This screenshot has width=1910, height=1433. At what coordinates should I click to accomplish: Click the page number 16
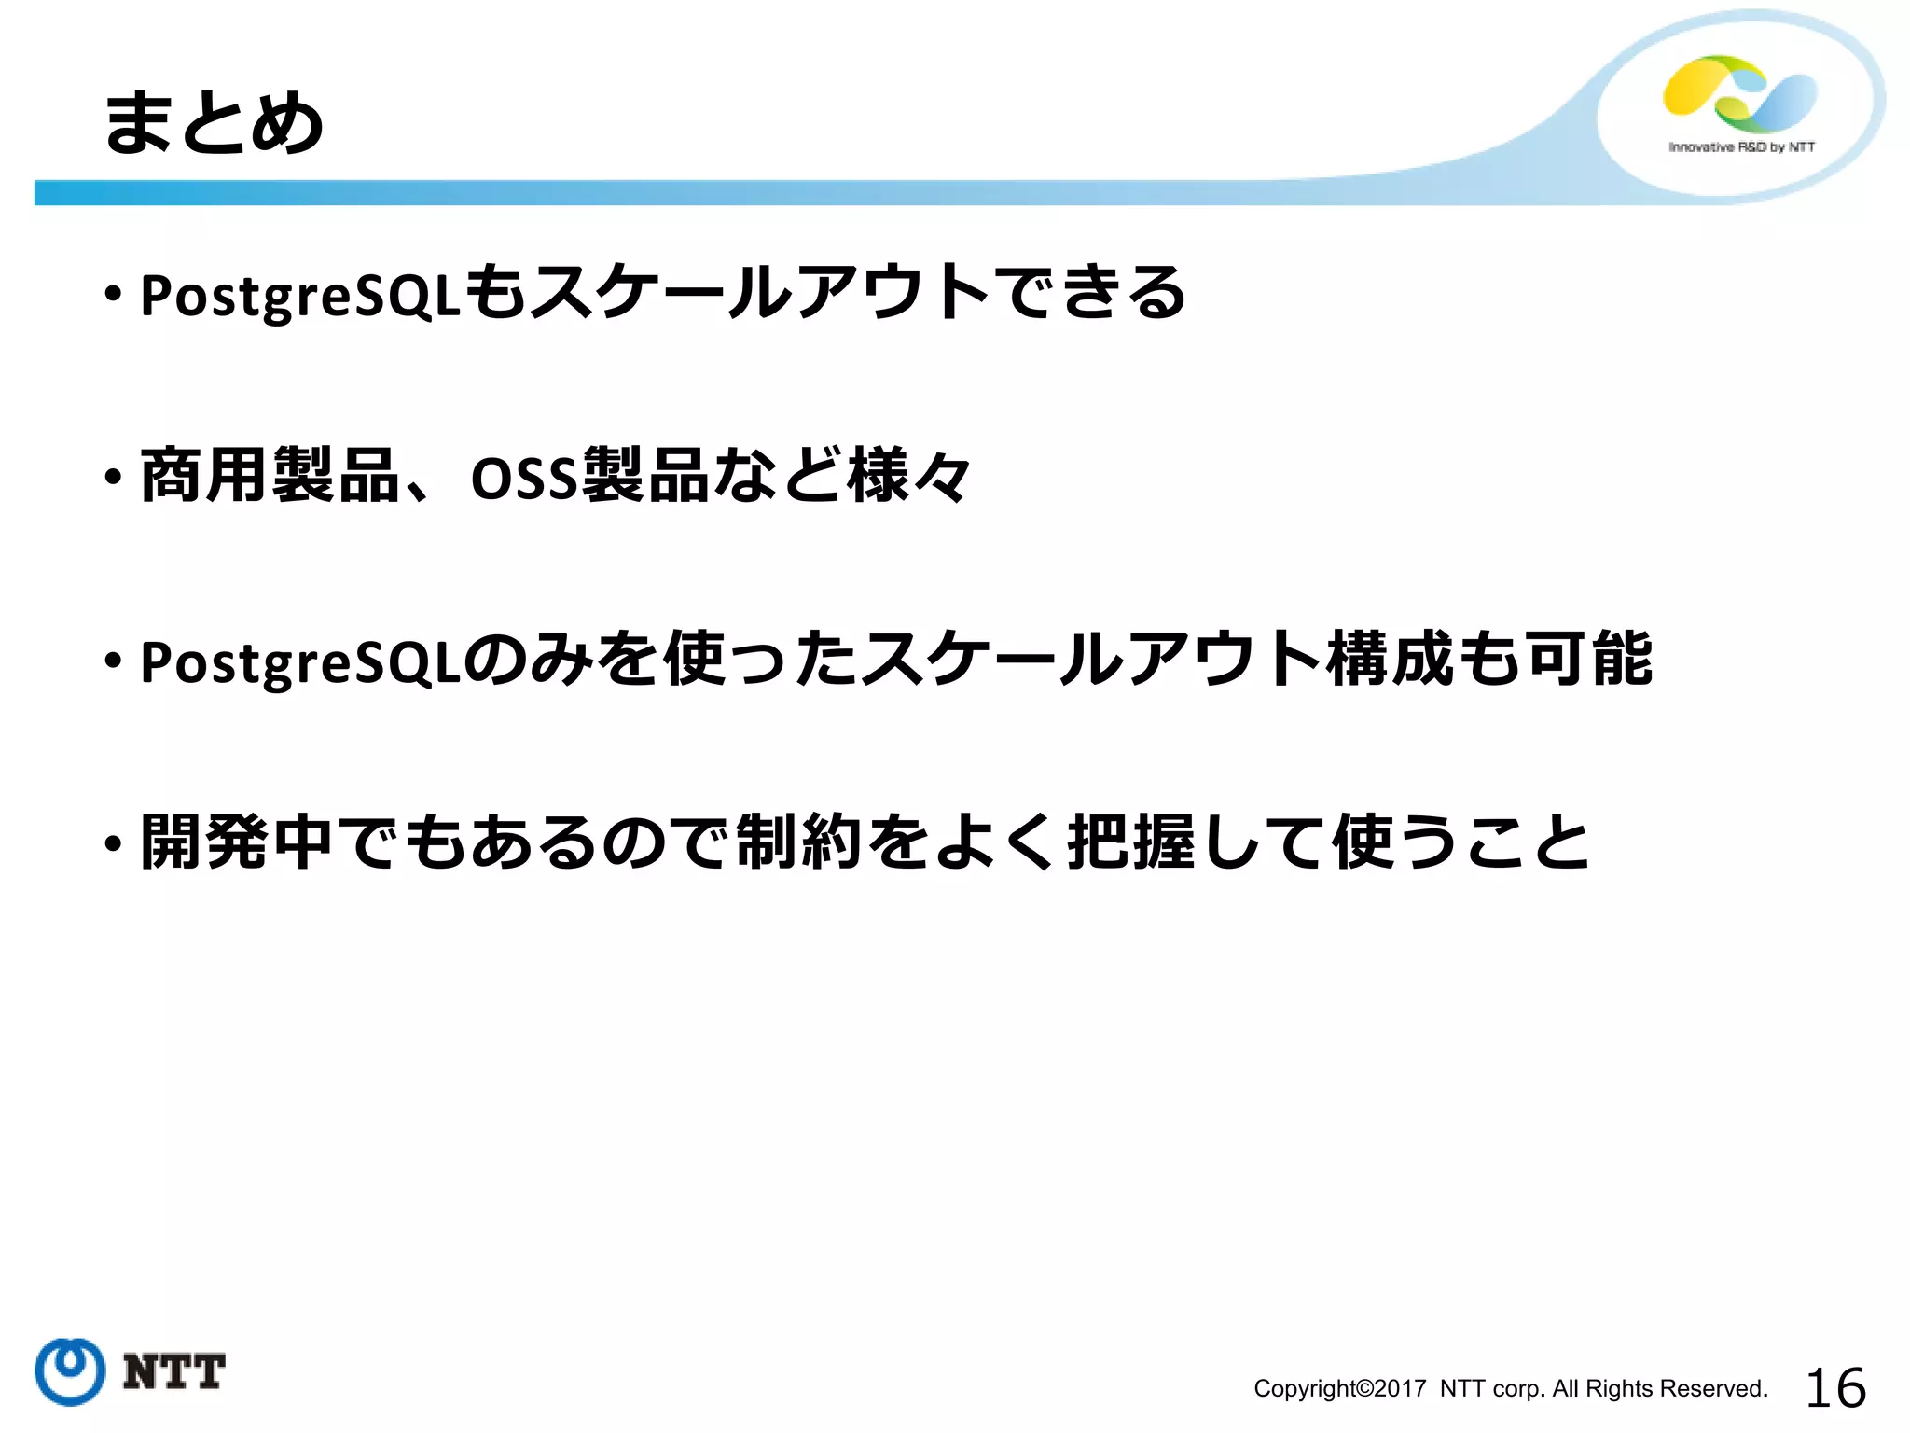[1835, 1388]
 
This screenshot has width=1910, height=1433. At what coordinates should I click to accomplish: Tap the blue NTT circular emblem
[70, 1370]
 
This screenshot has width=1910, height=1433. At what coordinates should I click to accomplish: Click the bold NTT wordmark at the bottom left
[173, 1372]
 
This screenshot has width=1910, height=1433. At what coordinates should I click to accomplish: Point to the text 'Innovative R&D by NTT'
[1741, 147]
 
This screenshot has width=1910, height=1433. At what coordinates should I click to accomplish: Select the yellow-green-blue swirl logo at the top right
[1739, 93]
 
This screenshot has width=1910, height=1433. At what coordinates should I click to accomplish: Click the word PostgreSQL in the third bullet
[300, 661]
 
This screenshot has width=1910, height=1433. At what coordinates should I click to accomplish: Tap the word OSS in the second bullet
[524, 479]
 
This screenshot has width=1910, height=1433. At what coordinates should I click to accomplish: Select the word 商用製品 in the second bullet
[270, 476]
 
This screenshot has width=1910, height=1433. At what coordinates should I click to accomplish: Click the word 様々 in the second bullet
[910, 476]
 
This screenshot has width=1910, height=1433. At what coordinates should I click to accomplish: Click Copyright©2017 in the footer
[1339, 1389]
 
